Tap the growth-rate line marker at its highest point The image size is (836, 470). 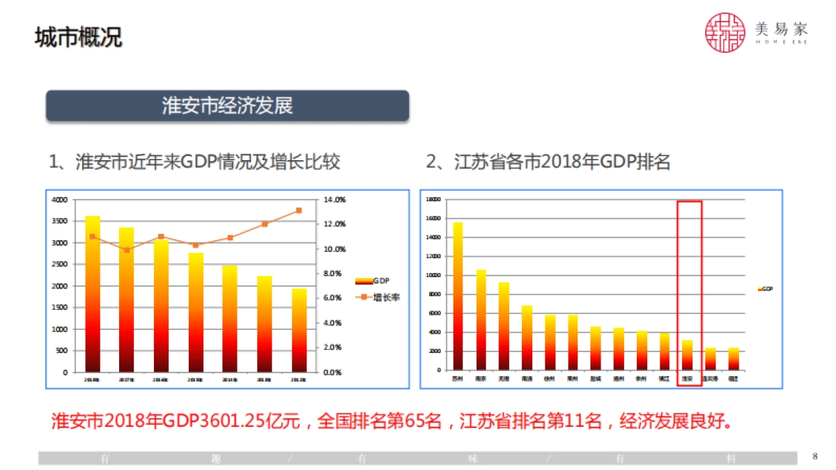[299, 210]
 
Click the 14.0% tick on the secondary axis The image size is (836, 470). [335, 200]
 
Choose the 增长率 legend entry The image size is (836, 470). [380, 297]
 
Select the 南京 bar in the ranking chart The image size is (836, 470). [481, 320]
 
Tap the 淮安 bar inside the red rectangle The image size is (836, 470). [687, 355]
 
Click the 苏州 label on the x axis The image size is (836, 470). [458, 379]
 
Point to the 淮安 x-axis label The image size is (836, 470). [687, 379]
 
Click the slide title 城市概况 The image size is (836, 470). [78, 37]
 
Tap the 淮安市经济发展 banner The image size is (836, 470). [227, 106]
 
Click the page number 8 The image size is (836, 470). [814, 457]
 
